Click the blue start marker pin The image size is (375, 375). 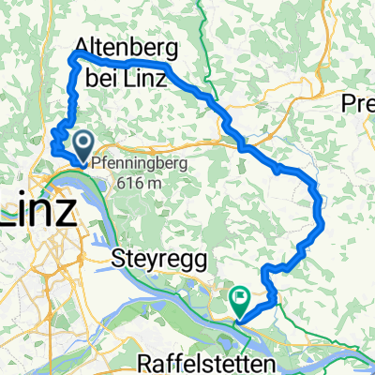pyautogui.click(x=82, y=145)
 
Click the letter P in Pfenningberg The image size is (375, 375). pyautogui.click(x=96, y=161)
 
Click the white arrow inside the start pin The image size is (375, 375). pyautogui.click(x=82, y=143)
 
